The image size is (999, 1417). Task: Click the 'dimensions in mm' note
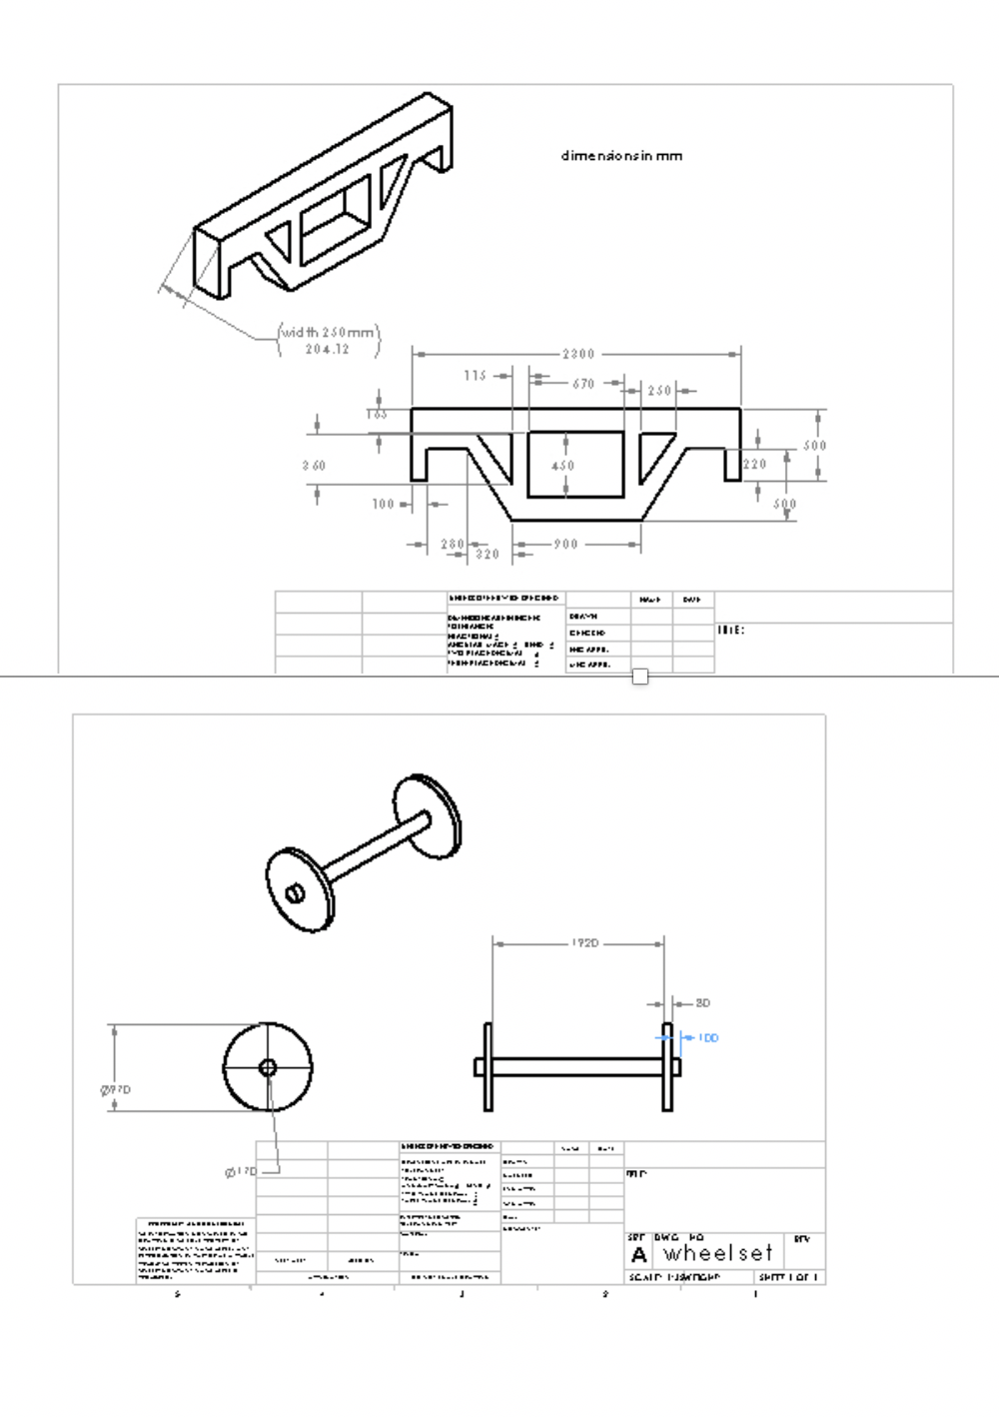coord(621,156)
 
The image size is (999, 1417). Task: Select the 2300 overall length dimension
coord(577,354)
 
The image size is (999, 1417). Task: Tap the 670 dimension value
coord(583,384)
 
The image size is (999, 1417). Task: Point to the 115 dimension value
coord(475,376)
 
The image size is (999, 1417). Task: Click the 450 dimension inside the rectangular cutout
coord(563,466)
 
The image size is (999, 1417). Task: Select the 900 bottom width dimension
coord(565,545)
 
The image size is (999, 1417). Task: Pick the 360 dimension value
coord(314,466)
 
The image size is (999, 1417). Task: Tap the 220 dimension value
coord(755,464)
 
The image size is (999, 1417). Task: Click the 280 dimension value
coord(453,545)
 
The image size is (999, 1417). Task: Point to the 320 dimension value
coord(487,555)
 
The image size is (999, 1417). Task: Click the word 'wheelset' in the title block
coord(718,1253)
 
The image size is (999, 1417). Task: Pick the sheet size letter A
coord(639,1254)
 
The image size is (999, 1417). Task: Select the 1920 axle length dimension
coord(585,943)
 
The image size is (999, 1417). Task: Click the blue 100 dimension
coord(707,1038)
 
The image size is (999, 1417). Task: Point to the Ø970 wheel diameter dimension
coord(116,1090)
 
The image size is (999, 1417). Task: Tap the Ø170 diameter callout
coord(241,1171)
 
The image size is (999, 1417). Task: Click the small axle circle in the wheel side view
coord(268,1067)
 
